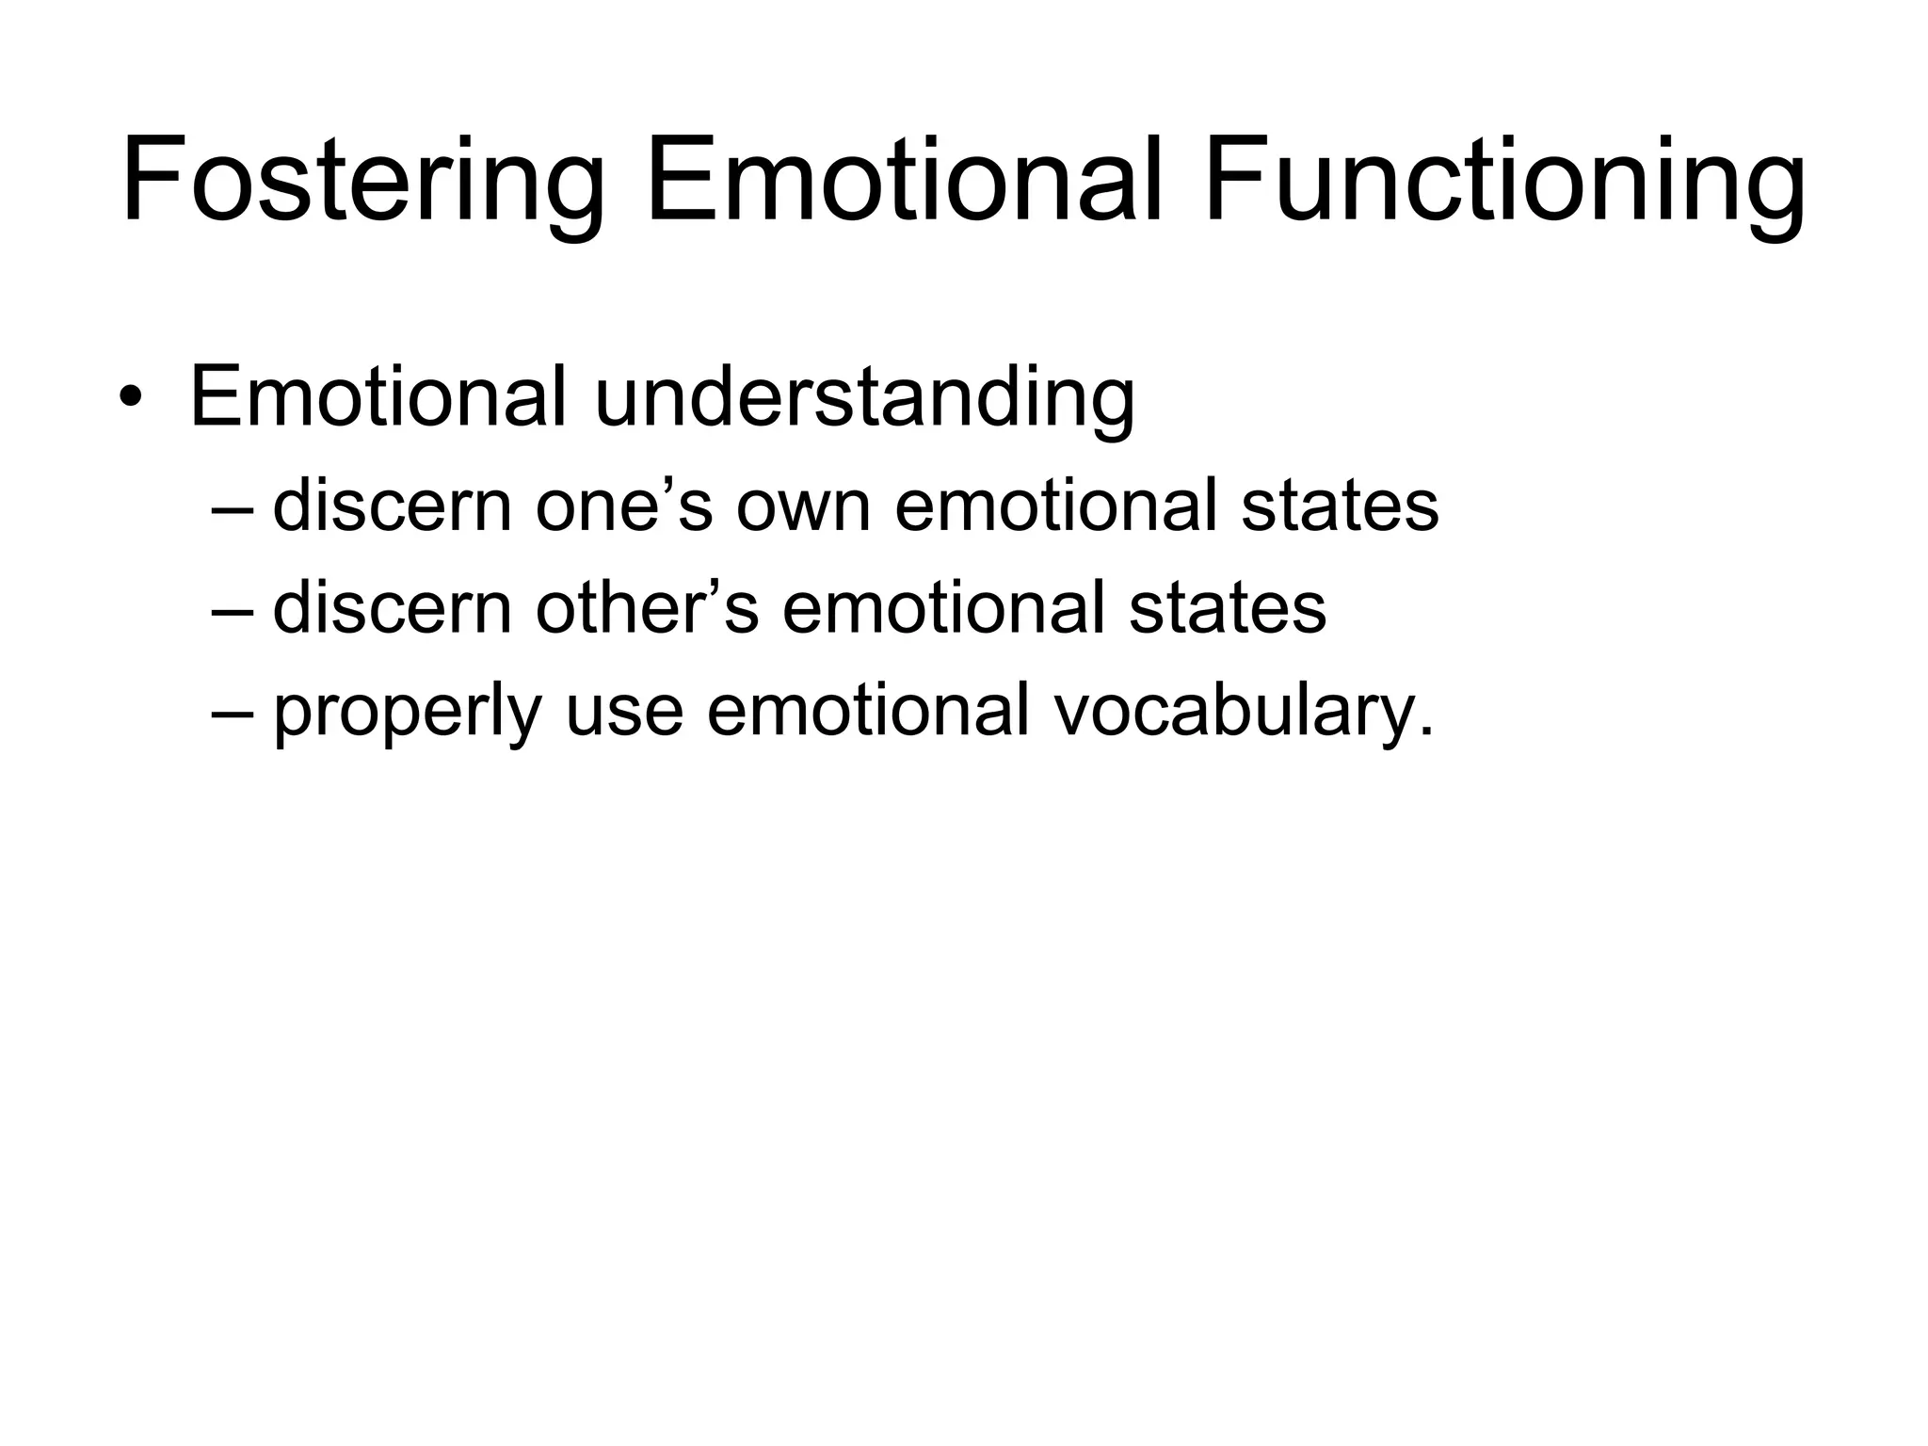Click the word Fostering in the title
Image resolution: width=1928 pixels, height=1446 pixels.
click(362, 181)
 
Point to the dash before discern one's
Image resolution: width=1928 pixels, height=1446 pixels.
click(233, 508)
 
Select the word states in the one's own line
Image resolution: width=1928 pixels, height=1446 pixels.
click(1340, 506)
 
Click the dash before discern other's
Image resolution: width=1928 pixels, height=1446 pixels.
click(233, 609)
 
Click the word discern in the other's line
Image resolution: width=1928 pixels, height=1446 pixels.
click(392, 607)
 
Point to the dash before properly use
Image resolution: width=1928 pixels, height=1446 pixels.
click(233, 711)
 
